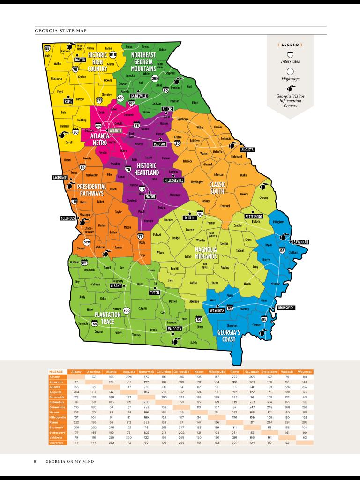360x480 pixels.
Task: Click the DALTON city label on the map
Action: coord(80,60)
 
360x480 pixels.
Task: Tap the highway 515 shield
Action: coord(112,55)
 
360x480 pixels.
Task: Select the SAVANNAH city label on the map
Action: coord(300,242)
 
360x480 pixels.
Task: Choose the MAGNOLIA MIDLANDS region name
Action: coord(205,253)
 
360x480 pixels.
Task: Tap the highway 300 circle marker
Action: coord(126,310)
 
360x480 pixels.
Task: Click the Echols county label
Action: coord(194,342)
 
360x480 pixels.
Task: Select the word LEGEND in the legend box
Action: coord(290,45)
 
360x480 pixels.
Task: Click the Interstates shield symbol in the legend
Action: coord(290,54)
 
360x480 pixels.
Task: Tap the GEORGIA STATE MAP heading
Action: coord(61,31)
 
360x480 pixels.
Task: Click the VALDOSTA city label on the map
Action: coord(174,329)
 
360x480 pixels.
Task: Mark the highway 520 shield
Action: coord(86,242)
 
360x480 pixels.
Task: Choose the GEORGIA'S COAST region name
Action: coord(230,336)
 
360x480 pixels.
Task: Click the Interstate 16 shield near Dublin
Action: coord(200,214)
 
